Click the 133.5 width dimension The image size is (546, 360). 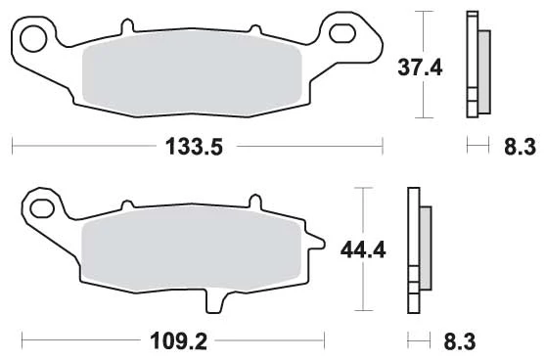[x=194, y=147]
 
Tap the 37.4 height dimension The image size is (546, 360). [x=420, y=67]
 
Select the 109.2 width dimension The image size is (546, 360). [x=179, y=341]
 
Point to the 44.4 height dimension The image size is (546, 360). [x=363, y=250]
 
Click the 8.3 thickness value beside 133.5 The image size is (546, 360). [x=520, y=147]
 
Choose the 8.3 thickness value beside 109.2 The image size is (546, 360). [x=460, y=341]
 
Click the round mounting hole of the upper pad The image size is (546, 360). [x=33, y=38]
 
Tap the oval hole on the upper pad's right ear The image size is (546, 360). [x=342, y=34]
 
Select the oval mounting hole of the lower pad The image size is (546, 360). [x=42, y=208]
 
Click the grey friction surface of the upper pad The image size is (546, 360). [x=192, y=75]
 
